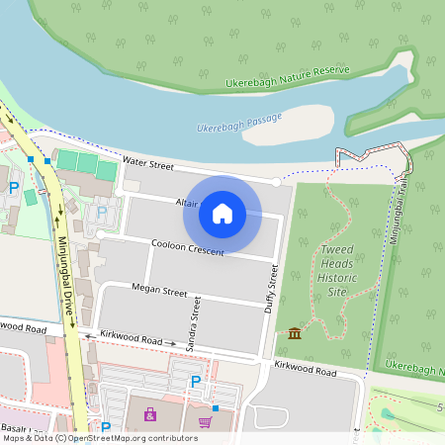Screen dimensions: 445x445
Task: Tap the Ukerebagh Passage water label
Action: tap(237, 127)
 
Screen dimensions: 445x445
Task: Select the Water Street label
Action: tap(148, 162)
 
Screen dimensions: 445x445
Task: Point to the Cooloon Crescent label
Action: tap(187, 247)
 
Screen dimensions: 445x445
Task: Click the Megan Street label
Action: tap(159, 292)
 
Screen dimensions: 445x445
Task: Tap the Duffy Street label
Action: tap(270, 289)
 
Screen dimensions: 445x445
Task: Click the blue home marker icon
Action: tap(222, 214)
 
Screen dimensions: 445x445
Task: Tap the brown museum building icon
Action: tap(295, 333)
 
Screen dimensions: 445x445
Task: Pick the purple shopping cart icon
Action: tap(205, 422)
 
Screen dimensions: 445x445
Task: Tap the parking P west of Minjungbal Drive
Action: tap(14, 187)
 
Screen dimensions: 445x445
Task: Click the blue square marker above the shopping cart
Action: tap(215, 406)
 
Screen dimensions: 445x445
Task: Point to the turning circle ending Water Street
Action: tap(277, 182)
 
